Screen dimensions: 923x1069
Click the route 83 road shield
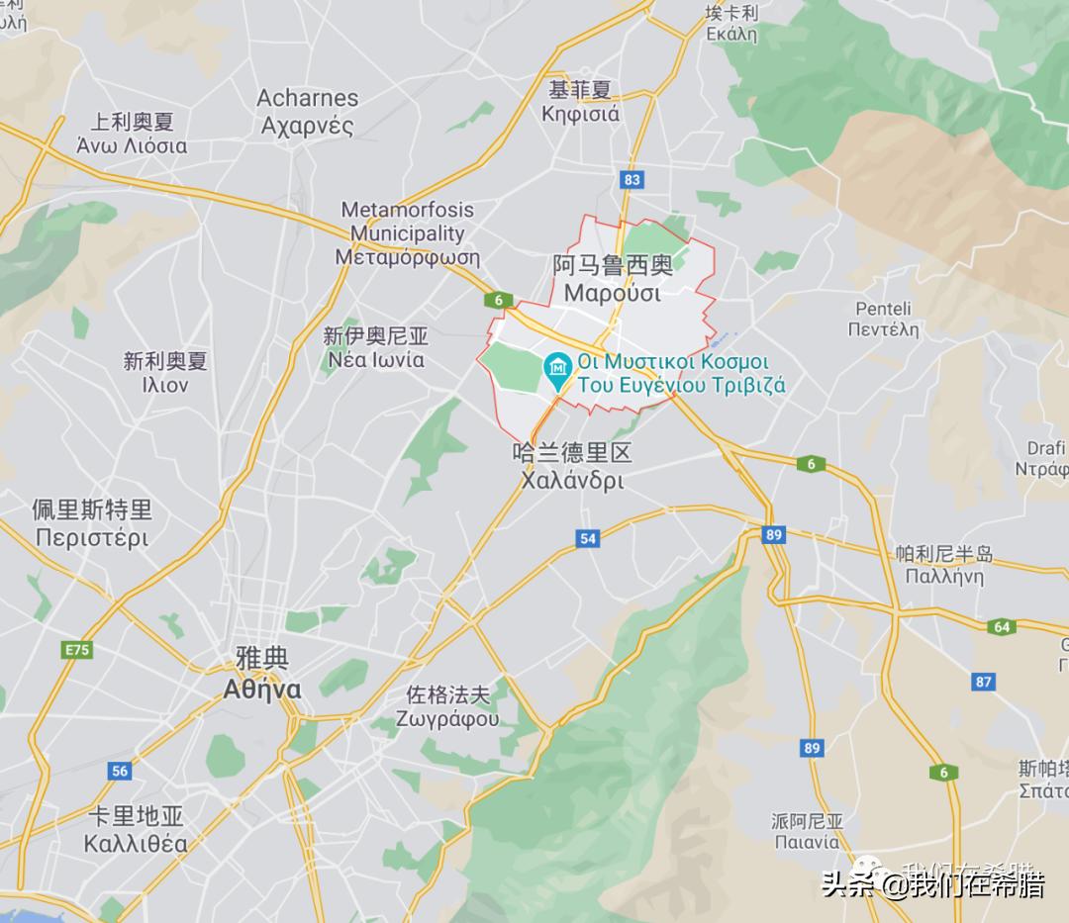pyautogui.click(x=632, y=180)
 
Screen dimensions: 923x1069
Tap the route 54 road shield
pyautogui.click(x=588, y=538)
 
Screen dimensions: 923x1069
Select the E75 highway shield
pyautogui.click(x=75, y=650)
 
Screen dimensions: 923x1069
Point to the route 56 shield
pyautogui.click(x=120, y=772)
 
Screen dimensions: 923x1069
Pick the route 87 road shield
pyautogui.click(x=983, y=682)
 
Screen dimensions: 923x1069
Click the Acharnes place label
pyautogui.click(x=307, y=99)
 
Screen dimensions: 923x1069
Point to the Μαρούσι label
pyautogui.click(x=612, y=294)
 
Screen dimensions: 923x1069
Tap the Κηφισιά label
pyautogui.click(x=580, y=114)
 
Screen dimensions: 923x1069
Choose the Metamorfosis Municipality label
pyautogui.click(x=407, y=233)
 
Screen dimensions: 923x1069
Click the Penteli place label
pyautogui.click(x=883, y=309)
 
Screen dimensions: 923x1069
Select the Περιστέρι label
pyautogui.click(x=91, y=538)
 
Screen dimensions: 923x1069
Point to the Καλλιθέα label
pyautogui.click(x=136, y=844)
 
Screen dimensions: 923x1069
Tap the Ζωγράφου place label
pyautogui.click(x=447, y=719)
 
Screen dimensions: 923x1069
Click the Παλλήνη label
pyautogui.click(x=943, y=578)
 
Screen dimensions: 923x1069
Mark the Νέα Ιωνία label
pyautogui.click(x=375, y=360)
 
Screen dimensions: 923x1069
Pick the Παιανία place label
pyautogui.click(x=807, y=842)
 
